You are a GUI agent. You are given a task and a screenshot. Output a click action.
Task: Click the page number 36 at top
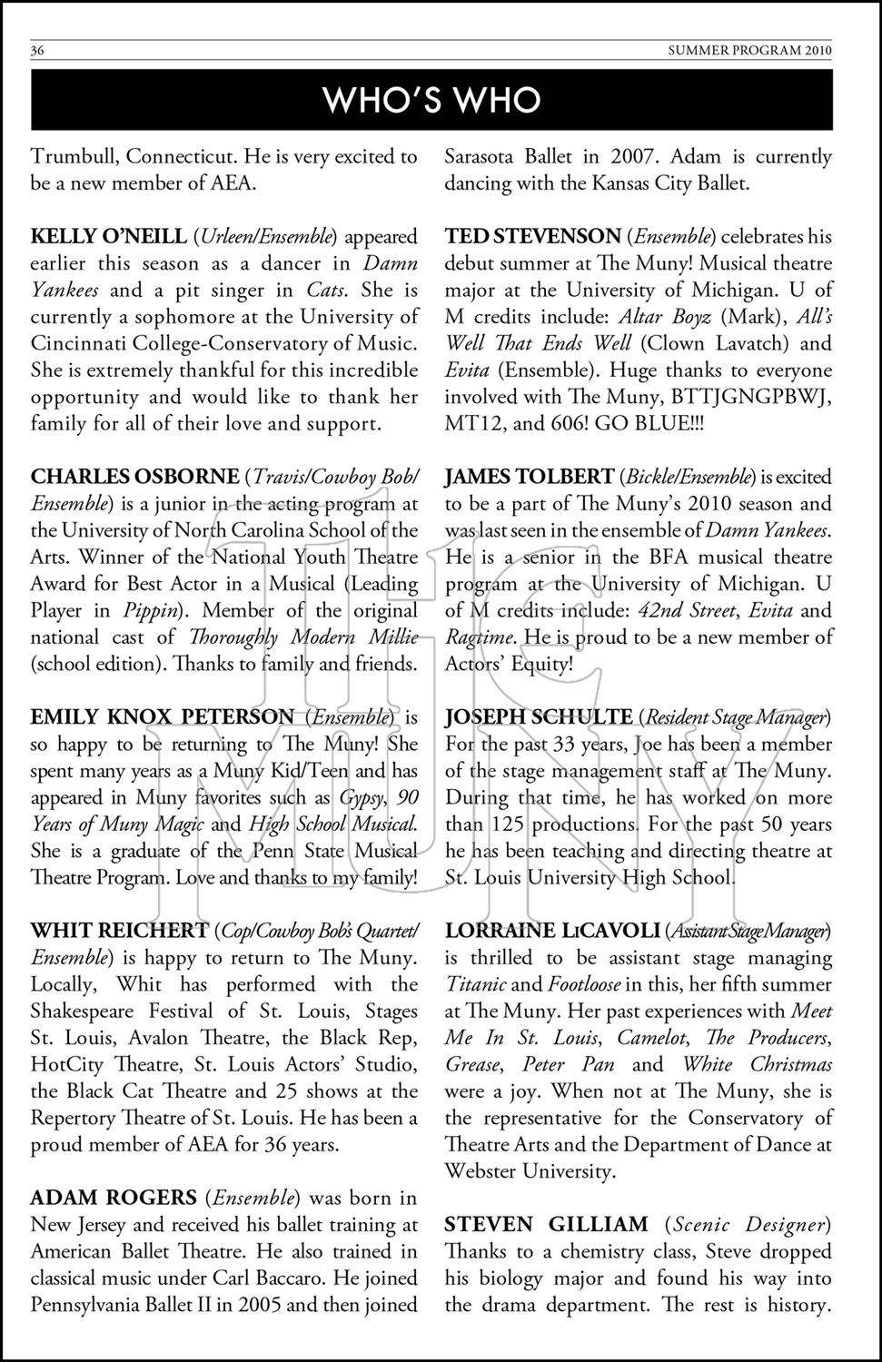click(37, 51)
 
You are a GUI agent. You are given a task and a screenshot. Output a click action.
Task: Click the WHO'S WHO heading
click(432, 100)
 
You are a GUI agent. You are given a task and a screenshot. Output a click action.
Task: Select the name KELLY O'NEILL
click(108, 237)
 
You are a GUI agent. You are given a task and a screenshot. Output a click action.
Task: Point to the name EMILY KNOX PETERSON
click(163, 717)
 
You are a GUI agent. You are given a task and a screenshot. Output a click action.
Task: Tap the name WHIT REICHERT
click(119, 931)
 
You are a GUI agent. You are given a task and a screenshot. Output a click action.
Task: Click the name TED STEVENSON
click(532, 237)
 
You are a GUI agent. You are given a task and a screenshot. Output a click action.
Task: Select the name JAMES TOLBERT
click(529, 477)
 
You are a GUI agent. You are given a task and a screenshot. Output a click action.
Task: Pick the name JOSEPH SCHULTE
click(538, 717)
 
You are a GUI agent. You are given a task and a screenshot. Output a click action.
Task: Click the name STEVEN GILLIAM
click(546, 1225)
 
